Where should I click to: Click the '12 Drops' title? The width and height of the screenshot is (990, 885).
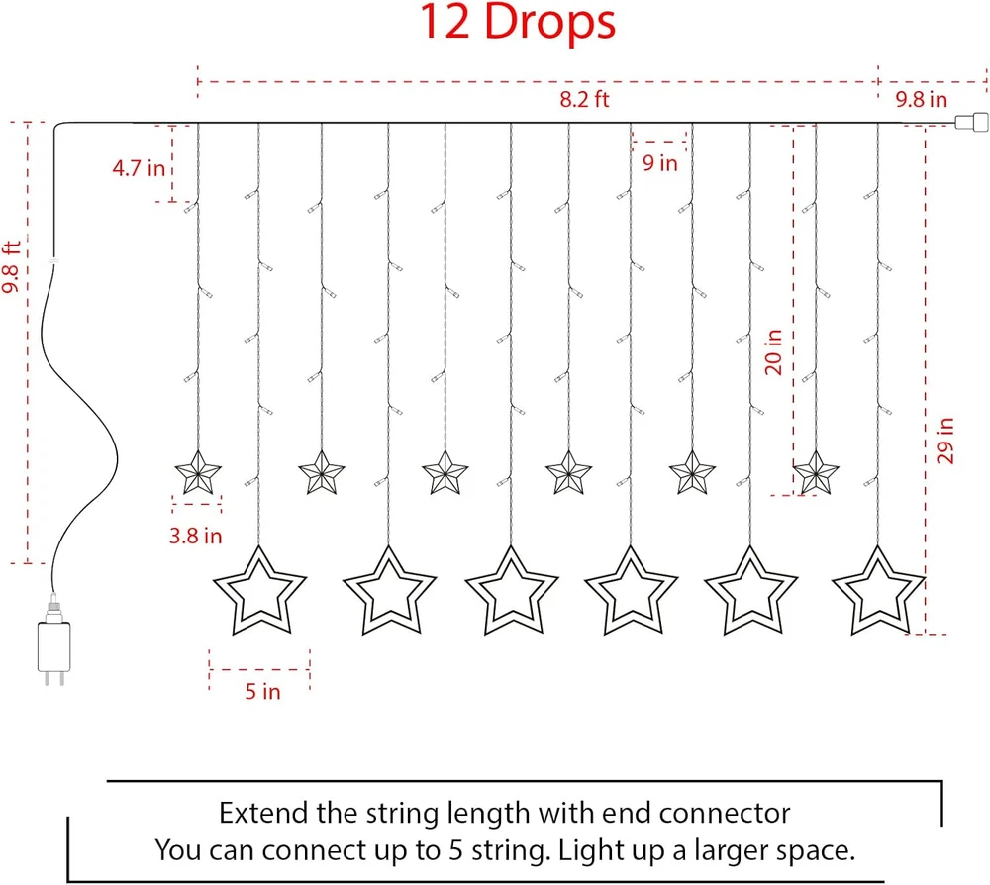click(517, 22)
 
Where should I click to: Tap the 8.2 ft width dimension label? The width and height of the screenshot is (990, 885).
click(584, 99)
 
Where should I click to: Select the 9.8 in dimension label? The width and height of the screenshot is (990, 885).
click(921, 99)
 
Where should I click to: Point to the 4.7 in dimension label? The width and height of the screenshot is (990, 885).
click(139, 168)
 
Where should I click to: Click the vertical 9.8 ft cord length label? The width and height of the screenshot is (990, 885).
click(11, 267)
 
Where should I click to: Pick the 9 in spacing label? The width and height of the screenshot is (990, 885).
click(659, 163)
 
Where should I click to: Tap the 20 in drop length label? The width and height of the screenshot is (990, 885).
click(773, 351)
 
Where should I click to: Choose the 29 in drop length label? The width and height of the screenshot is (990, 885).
click(945, 441)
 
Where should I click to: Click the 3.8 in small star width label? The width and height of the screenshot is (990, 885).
click(196, 536)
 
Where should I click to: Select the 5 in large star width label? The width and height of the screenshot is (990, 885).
click(262, 691)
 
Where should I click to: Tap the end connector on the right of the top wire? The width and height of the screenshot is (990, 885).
click(972, 122)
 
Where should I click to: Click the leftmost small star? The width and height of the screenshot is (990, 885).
click(198, 473)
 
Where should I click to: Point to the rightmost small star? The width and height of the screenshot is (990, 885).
click(816, 473)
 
